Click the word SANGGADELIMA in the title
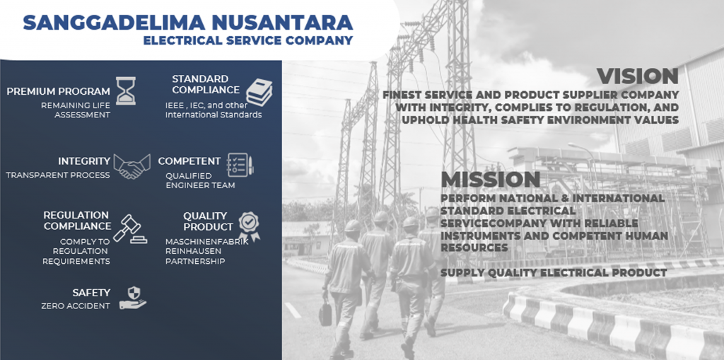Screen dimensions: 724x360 [x=112, y=22]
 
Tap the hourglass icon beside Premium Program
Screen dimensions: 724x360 [x=126, y=91]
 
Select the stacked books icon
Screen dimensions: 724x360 [x=259, y=92]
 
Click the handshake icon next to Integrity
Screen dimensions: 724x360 [x=132, y=166]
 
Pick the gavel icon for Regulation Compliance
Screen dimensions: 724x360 [x=130, y=228]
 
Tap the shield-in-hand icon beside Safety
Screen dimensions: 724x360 [x=133, y=298]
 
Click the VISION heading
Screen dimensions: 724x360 [x=637, y=76]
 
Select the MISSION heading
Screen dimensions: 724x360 [x=491, y=180]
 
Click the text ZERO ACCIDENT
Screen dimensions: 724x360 [x=76, y=306]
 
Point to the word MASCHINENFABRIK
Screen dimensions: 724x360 [x=207, y=241]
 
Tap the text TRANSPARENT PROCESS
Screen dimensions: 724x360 [x=58, y=175]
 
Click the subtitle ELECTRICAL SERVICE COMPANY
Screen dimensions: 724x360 [x=248, y=40]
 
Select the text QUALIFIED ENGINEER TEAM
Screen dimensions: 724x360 [x=200, y=180]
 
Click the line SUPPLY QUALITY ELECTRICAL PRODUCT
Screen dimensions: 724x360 [x=554, y=273]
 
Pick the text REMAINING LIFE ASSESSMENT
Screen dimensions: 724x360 [x=76, y=110]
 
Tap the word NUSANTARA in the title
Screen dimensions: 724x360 [x=281, y=22]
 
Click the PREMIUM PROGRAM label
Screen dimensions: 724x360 [x=58, y=91]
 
